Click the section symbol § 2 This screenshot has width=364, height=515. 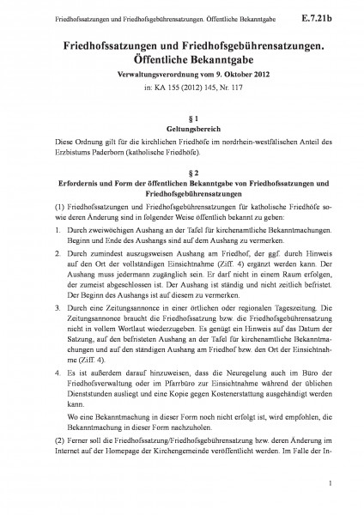click(181, 171)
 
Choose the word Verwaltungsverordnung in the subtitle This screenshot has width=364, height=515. click(152, 76)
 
